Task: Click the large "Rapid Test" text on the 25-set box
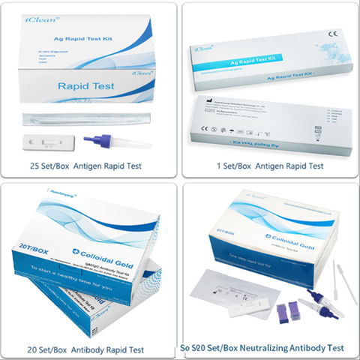[86, 87]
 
